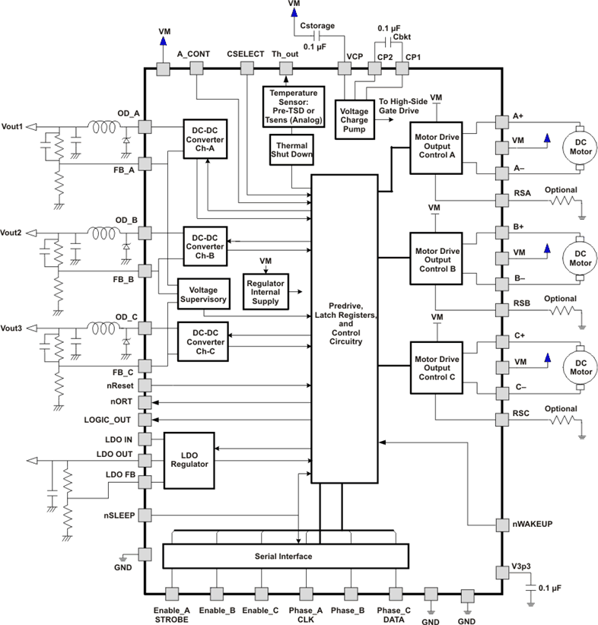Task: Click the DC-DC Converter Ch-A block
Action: tap(205, 139)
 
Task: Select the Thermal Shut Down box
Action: tap(291, 150)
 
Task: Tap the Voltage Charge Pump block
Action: tap(355, 119)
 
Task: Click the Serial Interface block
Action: tap(285, 556)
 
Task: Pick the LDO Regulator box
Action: tap(189, 460)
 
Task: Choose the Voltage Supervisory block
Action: tap(203, 294)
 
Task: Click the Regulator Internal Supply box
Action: tap(266, 292)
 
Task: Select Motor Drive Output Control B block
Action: tap(437, 259)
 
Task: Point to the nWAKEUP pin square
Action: tap(502, 525)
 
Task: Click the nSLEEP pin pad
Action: tap(145, 515)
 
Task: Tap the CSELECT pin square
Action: tap(247, 68)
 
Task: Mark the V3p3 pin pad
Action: tap(502, 573)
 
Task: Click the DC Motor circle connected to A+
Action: tap(580, 147)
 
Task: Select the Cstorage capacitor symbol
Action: tap(316, 36)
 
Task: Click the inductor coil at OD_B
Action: tap(103, 233)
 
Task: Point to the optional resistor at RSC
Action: tap(562, 420)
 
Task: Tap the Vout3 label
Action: tap(11, 328)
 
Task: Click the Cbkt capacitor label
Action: tap(402, 36)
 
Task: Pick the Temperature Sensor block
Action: tap(294, 106)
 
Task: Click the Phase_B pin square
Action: tap(351, 594)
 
